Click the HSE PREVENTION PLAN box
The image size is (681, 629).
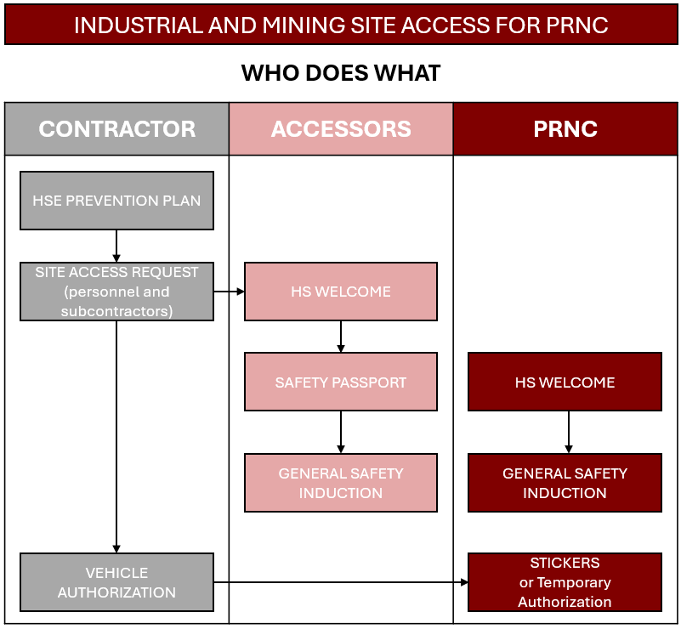click(x=116, y=201)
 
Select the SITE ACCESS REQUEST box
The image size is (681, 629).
click(x=116, y=292)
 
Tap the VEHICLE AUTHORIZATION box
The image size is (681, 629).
click(x=116, y=582)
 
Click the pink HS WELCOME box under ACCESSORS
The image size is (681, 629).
click(x=341, y=292)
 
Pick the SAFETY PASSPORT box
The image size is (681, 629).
click(x=341, y=382)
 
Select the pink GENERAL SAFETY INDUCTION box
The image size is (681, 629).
click(x=341, y=483)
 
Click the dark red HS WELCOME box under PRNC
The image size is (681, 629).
click(x=565, y=382)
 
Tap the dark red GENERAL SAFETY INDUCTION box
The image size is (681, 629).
click(x=565, y=483)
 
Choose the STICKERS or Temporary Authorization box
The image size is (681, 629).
click(x=565, y=582)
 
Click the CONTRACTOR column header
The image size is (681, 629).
click(x=116, y=129)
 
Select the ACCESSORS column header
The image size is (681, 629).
click(x=341, y=129)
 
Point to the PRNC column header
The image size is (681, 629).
click(x=565, y=129)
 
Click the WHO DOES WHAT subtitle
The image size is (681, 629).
click(x=341, y=73)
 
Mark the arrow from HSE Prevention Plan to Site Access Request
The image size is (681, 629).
click(x=116, y=246)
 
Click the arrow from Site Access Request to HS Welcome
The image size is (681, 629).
click(x=229, y=292)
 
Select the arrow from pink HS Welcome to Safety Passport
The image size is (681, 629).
click(x=341, y=337)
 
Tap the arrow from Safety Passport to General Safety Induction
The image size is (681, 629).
click(x=341, y=433)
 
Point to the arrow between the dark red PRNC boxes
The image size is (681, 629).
click(x=569, y=433)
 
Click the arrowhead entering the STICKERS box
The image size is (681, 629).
click(x=464, y=582)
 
